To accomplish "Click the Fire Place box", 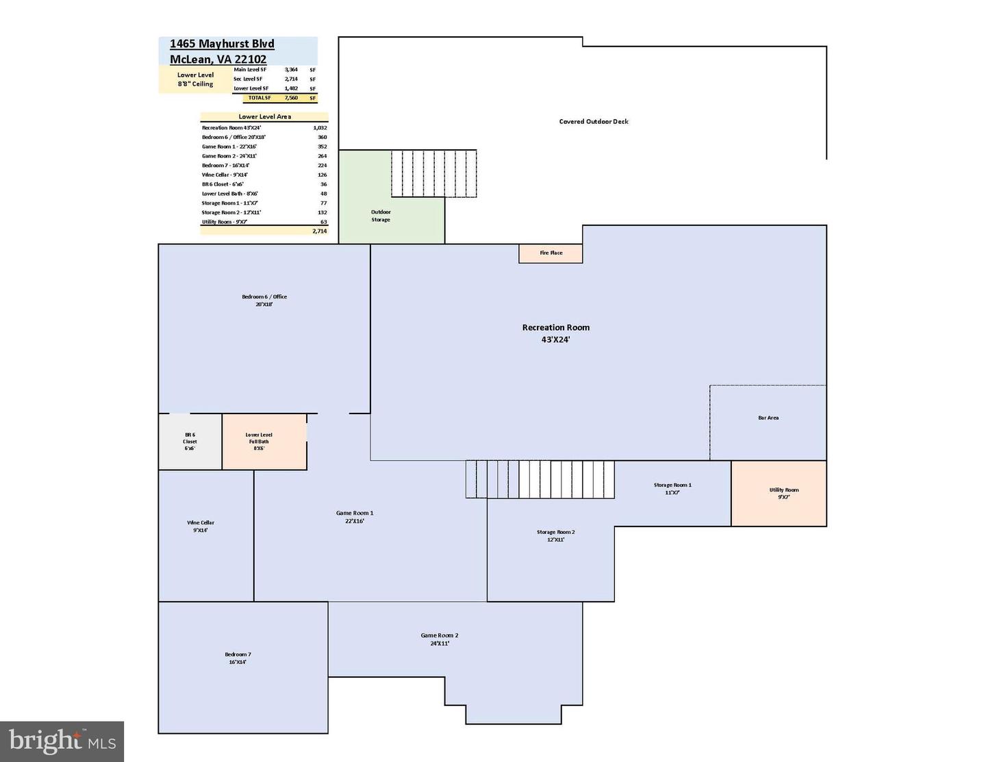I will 551,253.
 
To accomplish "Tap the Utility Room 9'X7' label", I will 783,493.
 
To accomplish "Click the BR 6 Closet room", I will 190,442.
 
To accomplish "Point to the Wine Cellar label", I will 201,526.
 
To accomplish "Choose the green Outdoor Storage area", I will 381,216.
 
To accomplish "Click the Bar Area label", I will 768,418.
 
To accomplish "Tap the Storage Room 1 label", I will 672,488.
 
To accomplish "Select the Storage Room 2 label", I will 555,535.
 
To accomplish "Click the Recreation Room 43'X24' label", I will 555,333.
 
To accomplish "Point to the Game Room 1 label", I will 354,516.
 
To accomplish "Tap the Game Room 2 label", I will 439,639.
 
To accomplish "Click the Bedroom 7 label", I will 238,658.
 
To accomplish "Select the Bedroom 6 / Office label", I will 264,300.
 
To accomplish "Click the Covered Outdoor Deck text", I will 593,122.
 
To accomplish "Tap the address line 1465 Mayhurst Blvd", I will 222,44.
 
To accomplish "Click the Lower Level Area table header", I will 264,116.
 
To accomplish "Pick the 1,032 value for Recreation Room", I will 320,127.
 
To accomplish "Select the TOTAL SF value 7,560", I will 291,98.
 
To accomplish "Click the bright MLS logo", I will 62,741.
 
